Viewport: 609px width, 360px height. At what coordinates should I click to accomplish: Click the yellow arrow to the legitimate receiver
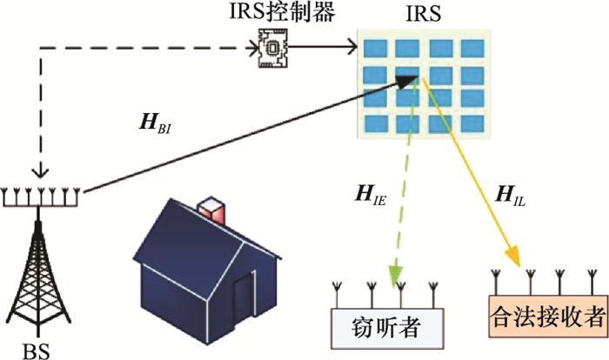[474, 174]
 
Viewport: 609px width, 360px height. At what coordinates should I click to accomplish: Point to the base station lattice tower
[38, 278]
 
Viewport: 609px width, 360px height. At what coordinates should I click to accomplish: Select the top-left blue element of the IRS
[376, 48]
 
